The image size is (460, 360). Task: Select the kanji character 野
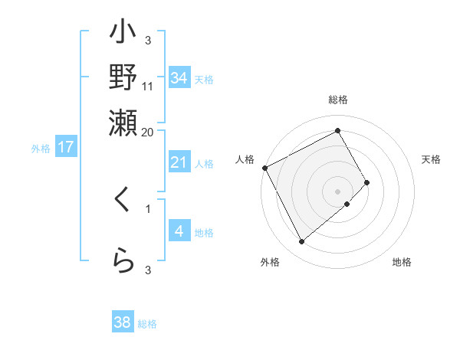pos(123,79)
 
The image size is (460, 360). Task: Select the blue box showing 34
pos(179,78)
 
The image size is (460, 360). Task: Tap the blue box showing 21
pos(179,162)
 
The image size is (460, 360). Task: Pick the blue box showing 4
pos(179,231)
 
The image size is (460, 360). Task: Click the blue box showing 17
pos(66,147)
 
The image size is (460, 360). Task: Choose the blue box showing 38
pos(123,322)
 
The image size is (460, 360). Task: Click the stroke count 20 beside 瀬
pos(148,132)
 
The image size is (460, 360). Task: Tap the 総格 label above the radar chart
pos(338,100)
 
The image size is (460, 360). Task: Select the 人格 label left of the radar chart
pos(245,159)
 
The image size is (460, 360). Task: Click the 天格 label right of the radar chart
pos(432,159)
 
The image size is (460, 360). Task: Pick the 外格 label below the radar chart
pos(270,262)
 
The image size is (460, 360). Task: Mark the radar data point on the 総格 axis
pos(338,131)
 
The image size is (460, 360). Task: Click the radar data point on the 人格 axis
pos(264,168)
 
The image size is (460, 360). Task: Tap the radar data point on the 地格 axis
pos(347,204)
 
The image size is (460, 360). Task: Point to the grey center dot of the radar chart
pos(338,191)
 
